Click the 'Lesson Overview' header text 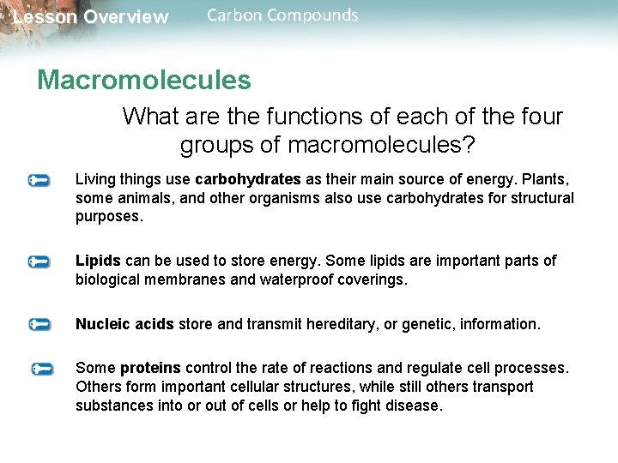coord(91,17)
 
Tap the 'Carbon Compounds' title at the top coord(283,15)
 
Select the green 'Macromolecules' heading coord(144,81)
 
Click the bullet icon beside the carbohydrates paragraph coord(39,181)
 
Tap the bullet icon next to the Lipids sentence coord(39,261)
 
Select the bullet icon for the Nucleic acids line coord(39,325)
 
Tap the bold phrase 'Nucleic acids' coord(124,325)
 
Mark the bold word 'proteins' coord(150,369)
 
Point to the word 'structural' coord(540,199)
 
